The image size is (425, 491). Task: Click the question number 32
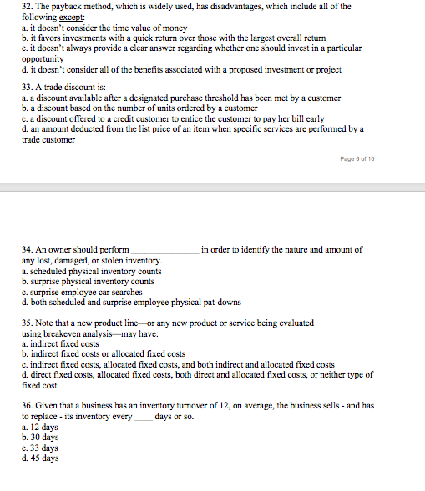point(26,7)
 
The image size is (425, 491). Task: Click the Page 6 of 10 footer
point(357,157)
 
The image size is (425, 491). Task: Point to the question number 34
point(26,249)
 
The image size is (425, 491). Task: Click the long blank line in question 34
point(164,251)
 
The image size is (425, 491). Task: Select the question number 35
point(26,323)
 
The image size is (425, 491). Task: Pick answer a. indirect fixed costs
point(60,343)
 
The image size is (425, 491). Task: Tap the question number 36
point(26,405)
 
